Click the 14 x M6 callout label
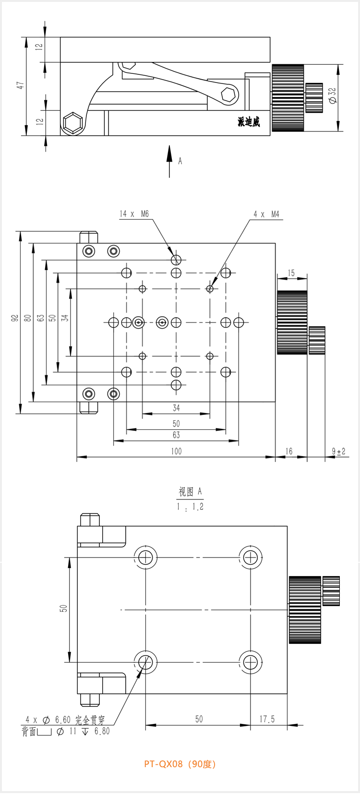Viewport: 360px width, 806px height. pos(134,214)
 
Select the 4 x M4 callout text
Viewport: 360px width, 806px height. pos(266,214)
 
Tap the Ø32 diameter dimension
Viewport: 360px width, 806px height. pos(333,95)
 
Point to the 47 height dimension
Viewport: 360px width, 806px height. pos(20,85)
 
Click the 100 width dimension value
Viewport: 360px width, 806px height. pos(176,451)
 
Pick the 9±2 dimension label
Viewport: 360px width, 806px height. pos(338,451)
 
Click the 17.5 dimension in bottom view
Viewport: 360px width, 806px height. pos(267,719)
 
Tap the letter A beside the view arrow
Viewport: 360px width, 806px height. pos(180,161)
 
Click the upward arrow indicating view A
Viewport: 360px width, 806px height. pos(169,161)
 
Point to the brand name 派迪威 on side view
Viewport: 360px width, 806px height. pos(249,122)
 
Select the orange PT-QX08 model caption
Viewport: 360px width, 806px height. pos(180,764)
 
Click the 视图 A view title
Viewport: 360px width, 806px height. pos(190,492)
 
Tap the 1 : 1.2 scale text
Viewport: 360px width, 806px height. pos(190,507)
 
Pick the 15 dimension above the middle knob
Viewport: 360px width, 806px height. pos(291,273)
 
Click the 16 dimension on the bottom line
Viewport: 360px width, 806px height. pos(289,451)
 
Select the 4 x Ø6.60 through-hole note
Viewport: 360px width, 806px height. pos(65,720)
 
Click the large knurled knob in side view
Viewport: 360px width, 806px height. pos(288,98)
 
